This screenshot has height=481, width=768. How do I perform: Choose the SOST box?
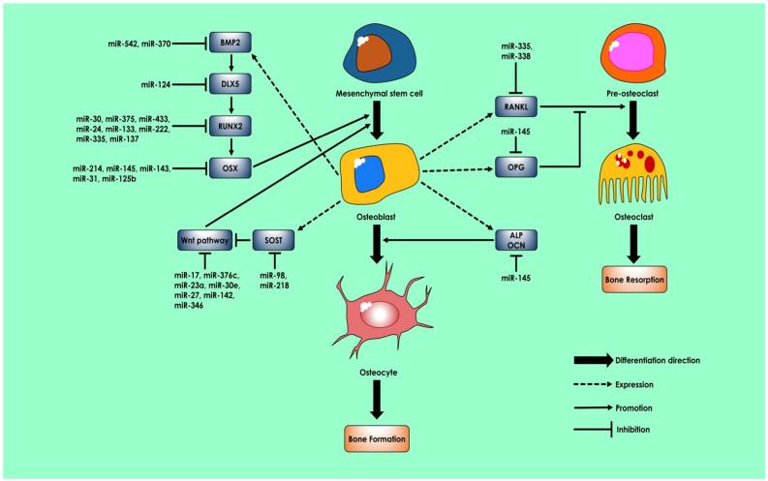pyautogui.click(x=274, y=236)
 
